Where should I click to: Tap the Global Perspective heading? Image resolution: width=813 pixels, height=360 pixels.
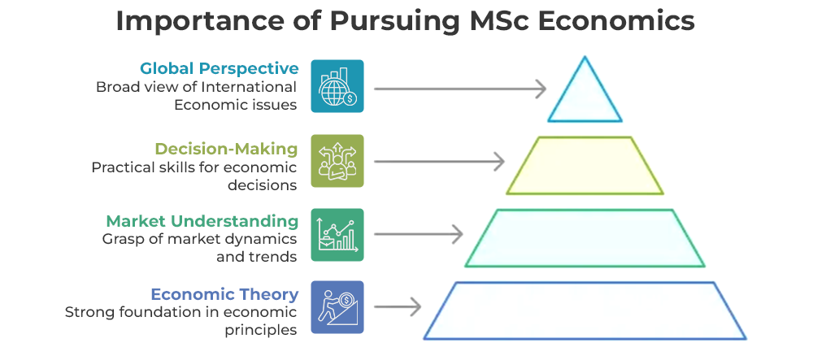pos(220,68)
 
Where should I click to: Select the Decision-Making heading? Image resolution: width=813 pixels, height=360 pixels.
pos(227,149)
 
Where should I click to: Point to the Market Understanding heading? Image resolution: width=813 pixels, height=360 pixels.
pos(202,221)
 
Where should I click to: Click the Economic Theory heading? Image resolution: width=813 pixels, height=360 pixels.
pos(224,294)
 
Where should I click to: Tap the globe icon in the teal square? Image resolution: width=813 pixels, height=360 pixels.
pos(337,86)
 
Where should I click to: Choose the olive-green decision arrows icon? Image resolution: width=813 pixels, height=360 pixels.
pos(337,161)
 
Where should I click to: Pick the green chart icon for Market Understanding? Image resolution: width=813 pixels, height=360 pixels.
pos(337,235)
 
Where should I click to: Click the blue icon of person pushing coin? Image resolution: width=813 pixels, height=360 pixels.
pos(337,307)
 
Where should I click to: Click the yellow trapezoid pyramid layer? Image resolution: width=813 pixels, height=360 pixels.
pos(585,165)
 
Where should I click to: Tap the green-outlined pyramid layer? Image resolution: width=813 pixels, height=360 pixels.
pos(585,238)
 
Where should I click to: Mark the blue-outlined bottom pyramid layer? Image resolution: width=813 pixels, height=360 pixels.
pos(585,310)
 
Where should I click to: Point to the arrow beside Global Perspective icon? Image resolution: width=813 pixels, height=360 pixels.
pos(460,89)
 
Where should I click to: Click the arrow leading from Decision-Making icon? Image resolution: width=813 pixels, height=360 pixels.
pos(440,162)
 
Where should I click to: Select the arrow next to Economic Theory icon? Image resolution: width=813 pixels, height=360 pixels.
pos(398,307)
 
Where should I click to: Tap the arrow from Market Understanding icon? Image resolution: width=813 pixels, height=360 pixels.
pos(419,234)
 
